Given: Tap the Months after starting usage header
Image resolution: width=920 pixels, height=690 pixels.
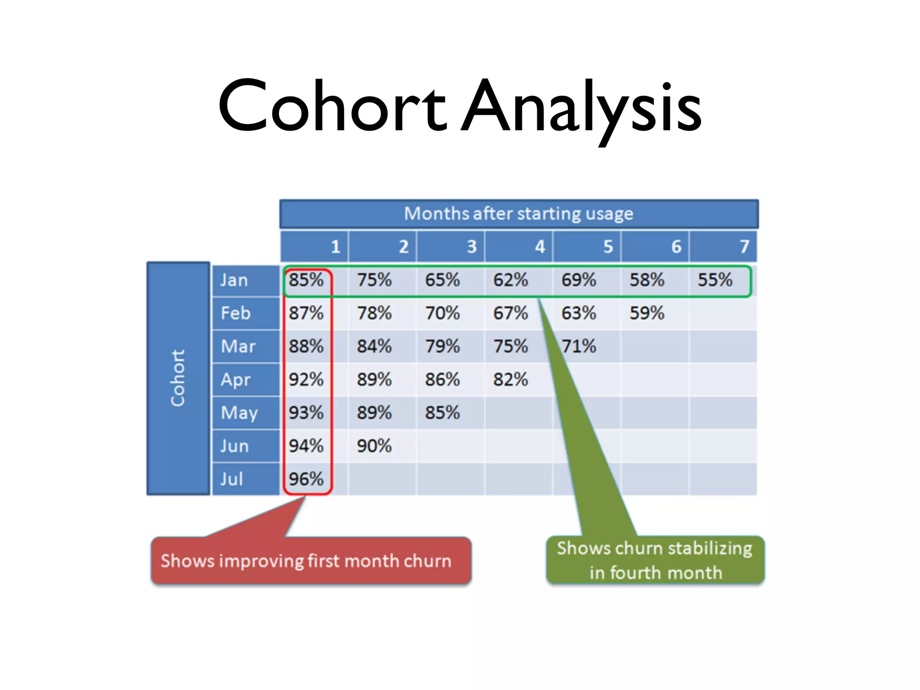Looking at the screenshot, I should [x=518, y=214].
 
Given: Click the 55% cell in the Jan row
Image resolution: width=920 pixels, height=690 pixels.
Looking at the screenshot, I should [x=715, y=280].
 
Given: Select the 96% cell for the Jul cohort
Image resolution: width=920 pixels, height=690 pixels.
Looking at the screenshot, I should [x=306, y=479].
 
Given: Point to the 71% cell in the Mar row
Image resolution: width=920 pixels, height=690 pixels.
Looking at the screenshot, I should [x=579, y=346].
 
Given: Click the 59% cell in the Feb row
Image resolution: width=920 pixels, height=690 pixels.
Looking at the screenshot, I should [x=646, y=313].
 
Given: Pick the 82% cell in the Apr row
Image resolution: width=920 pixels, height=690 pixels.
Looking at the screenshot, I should [x=510, y=380].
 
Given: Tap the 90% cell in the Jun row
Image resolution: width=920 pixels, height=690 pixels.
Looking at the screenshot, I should [x=374, y=446].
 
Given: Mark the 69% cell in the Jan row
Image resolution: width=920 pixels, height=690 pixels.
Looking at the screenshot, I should [x=579, y=280].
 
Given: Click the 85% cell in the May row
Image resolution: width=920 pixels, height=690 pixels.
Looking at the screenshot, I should [x=442, y=412].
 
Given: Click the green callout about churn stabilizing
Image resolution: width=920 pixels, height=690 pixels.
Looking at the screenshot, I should [x=655, y=560].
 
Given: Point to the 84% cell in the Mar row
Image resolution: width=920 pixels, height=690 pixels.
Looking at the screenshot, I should [x=374, y=346].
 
